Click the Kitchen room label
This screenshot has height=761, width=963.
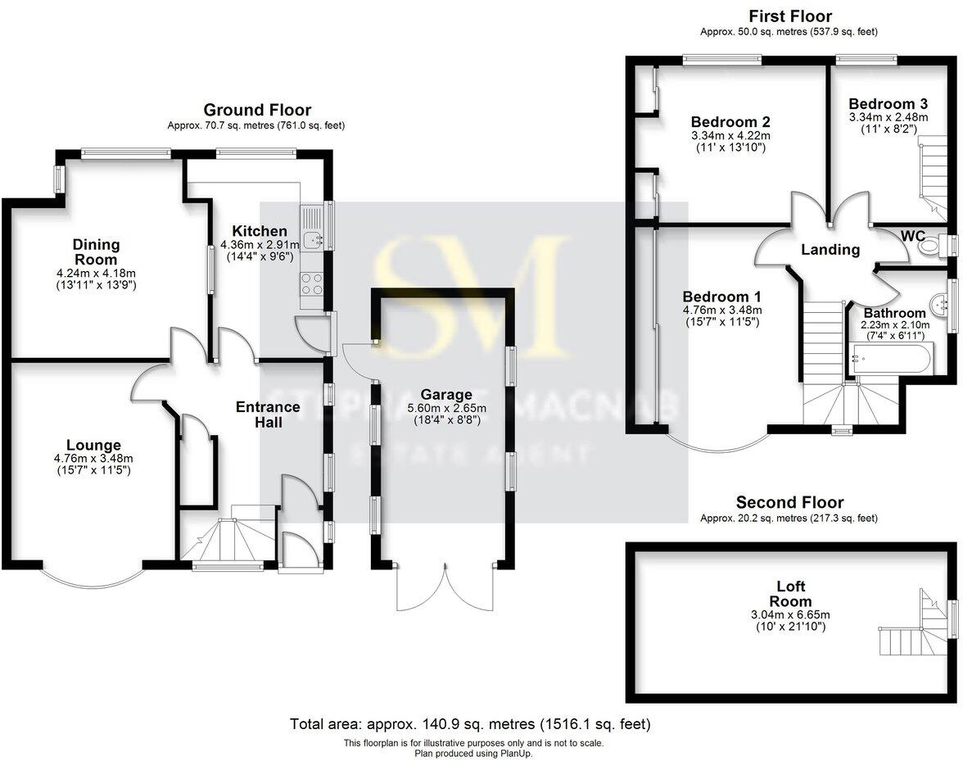point(259,231)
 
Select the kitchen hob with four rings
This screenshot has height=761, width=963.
point(312,283)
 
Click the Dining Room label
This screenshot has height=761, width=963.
point(96,251)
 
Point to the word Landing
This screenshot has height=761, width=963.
point(830,250)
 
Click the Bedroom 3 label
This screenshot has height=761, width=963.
point(888,104)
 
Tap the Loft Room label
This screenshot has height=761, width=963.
point(791,594)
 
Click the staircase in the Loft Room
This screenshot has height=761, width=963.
point(911,631)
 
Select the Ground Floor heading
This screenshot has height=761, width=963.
point(257,110)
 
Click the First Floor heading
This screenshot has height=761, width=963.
point(790,16)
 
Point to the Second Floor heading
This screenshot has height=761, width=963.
point(789,502)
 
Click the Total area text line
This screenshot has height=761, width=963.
point(470,724)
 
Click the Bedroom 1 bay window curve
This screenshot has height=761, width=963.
point(717,446)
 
